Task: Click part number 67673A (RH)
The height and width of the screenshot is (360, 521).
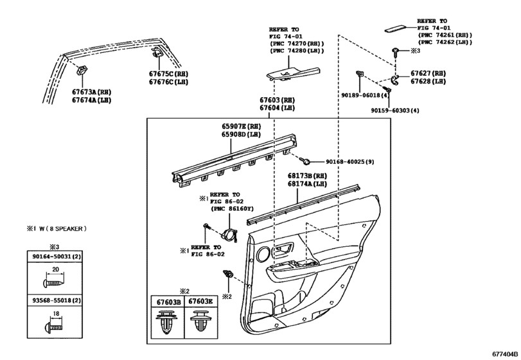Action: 92,92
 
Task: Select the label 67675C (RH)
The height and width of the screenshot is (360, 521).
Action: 168,74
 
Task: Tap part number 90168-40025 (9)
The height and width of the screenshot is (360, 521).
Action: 350,162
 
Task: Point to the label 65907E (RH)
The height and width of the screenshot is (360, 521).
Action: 242,126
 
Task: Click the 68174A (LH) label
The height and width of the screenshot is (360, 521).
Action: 307,184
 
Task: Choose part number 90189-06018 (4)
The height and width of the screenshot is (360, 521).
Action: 365,95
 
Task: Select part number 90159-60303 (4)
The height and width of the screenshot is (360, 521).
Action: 395,111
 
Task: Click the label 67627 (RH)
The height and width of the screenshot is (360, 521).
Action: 428,73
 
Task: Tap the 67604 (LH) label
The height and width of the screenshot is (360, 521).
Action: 277,108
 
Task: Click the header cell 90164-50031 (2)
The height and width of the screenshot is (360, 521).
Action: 55,256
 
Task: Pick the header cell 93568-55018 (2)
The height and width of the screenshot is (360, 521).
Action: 55,300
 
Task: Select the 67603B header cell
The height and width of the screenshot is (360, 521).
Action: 168,301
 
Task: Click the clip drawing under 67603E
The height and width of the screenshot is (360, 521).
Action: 201,321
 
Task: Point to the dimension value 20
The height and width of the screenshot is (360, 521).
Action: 55,269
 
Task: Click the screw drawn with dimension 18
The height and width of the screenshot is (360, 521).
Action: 53,328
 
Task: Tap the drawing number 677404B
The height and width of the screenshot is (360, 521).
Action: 505,354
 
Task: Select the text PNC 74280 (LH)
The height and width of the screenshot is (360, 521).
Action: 297,51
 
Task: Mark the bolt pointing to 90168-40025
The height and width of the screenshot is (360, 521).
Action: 305,161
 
